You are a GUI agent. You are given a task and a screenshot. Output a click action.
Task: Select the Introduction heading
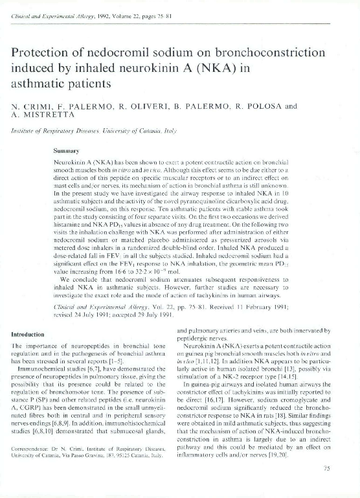coord(31,335)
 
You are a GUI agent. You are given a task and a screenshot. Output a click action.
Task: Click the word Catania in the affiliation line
coord(157,130)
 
